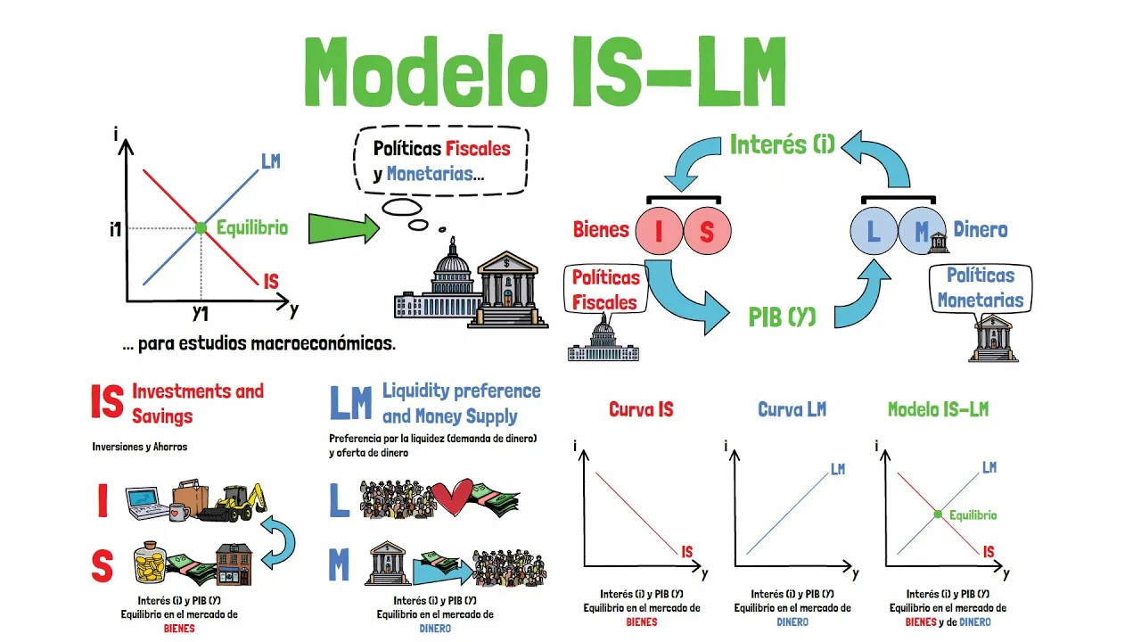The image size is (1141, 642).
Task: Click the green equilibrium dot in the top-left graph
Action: [x=201, y=227]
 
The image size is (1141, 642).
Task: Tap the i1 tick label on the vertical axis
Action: [x=116, y=229]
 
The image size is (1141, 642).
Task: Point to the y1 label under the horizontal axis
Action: [x=201, y=313]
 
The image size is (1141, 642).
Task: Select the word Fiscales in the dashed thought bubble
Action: [x=478, y=149]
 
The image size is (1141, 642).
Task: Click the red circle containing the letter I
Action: [x=659, y=231]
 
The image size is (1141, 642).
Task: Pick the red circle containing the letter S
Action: [x=707, y=231]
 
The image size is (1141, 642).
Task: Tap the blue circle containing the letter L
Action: [x=874, y=231]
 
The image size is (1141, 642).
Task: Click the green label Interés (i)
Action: [x=783, y=144]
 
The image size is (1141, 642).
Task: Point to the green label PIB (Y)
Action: [x=782, y=317]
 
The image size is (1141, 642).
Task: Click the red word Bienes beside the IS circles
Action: [x=601, y=230]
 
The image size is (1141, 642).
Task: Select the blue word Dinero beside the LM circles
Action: [x=981, y=230]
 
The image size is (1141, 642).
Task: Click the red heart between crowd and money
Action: [x=452, y=497]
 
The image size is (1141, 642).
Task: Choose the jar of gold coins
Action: [x=151, y=563]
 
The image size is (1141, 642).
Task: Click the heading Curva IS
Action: [x=641, y=409]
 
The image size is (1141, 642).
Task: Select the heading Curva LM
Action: [x=792, y=409]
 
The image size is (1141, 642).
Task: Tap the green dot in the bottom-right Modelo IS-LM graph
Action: [x=938, y=514]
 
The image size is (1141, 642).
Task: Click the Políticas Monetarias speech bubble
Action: [x=981, y=288]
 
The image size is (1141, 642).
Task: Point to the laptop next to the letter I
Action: [x=147, y=504]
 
